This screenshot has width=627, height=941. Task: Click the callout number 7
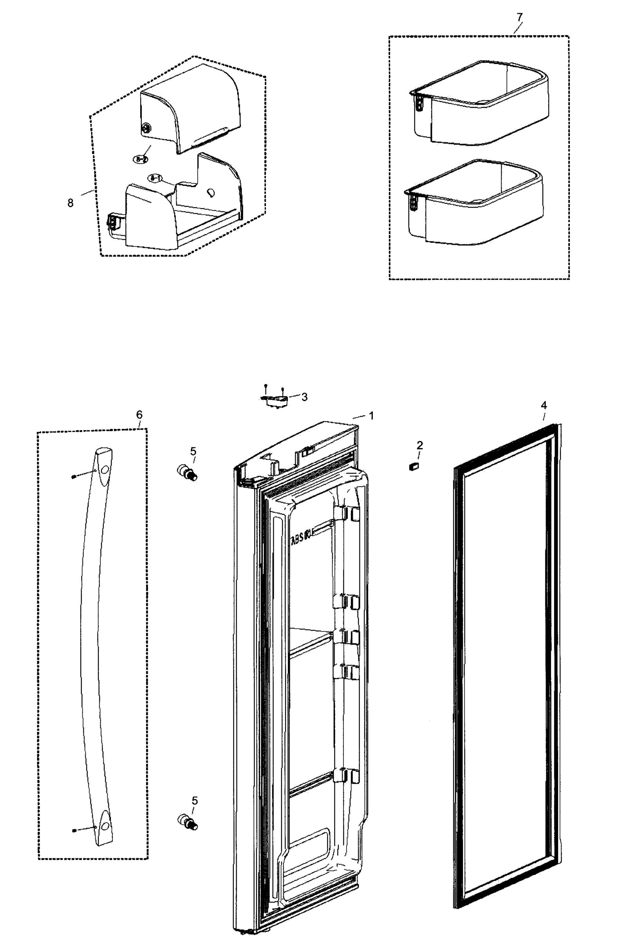point(519,17)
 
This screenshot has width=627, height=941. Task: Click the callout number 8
point(70,203)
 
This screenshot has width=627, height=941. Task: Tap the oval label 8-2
point(140,159)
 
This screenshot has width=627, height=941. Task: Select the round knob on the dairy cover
point(146,128)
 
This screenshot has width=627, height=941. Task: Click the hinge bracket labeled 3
point(276,401)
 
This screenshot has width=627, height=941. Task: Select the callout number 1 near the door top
point(371,416)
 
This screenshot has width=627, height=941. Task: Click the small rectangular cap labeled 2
point(414,466)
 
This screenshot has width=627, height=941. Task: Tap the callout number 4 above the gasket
point(544,405)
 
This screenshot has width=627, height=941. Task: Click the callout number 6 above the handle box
point(139,415)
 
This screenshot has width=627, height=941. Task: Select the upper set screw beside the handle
point(74,476)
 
